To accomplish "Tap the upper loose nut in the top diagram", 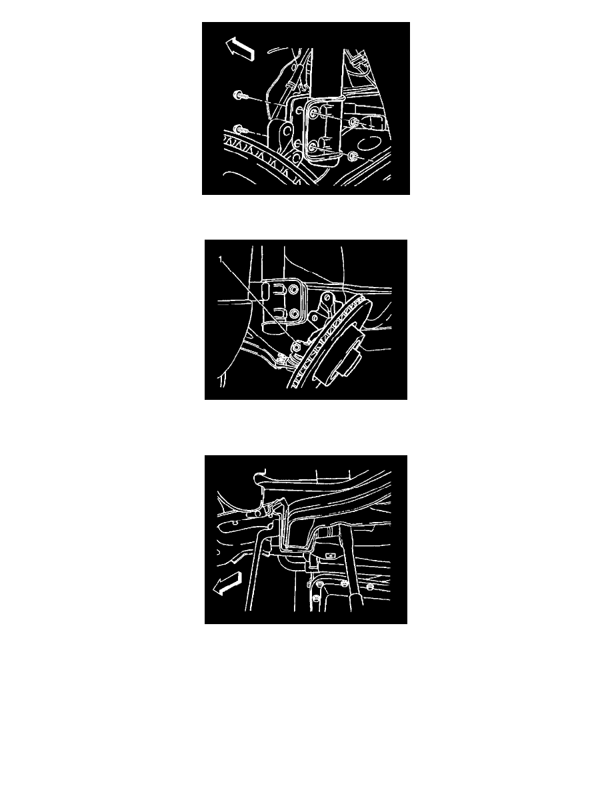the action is [x=355, y=122].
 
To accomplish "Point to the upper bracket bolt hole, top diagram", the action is [x=313, y=113].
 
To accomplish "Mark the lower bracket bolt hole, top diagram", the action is [x=313, y=147].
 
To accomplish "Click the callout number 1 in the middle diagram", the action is [x=220, y=260].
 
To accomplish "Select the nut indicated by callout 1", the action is [x=297, y=346].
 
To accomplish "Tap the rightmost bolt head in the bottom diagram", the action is [x=369, y=587].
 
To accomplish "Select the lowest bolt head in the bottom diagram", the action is [x=316, y=598].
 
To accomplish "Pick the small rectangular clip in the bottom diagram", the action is [x=331, y=555].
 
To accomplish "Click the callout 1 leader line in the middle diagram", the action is [x=257, y=302].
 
